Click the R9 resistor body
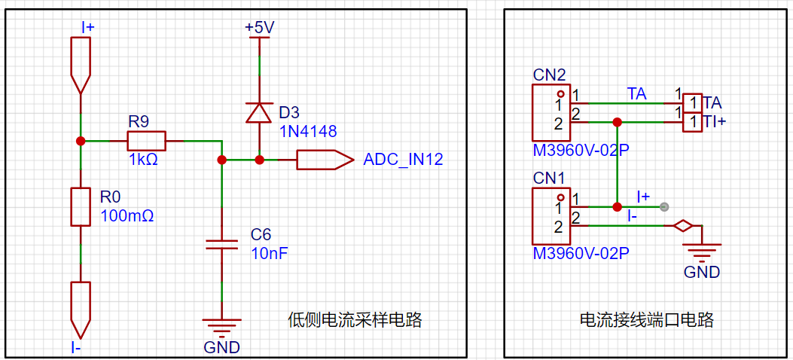(x=146, y=141)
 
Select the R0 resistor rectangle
(x=81, y=207)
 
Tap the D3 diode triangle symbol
(x=259, y=112)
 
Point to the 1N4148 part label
(x=307, y=132)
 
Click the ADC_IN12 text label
(x=403, y=160)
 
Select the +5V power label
(x=260, y=27)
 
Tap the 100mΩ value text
(x=127, y=216)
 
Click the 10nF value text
(x=270, y=253)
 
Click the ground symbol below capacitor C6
(x=221, y=327)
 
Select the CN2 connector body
(x=551, y=113)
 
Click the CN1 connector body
(x=551, y=216)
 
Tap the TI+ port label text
(x=714, y=122)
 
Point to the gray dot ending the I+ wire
(x=664, y=207)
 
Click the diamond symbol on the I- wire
(x=683, y=226)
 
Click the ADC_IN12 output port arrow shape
(x=325, y=160)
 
